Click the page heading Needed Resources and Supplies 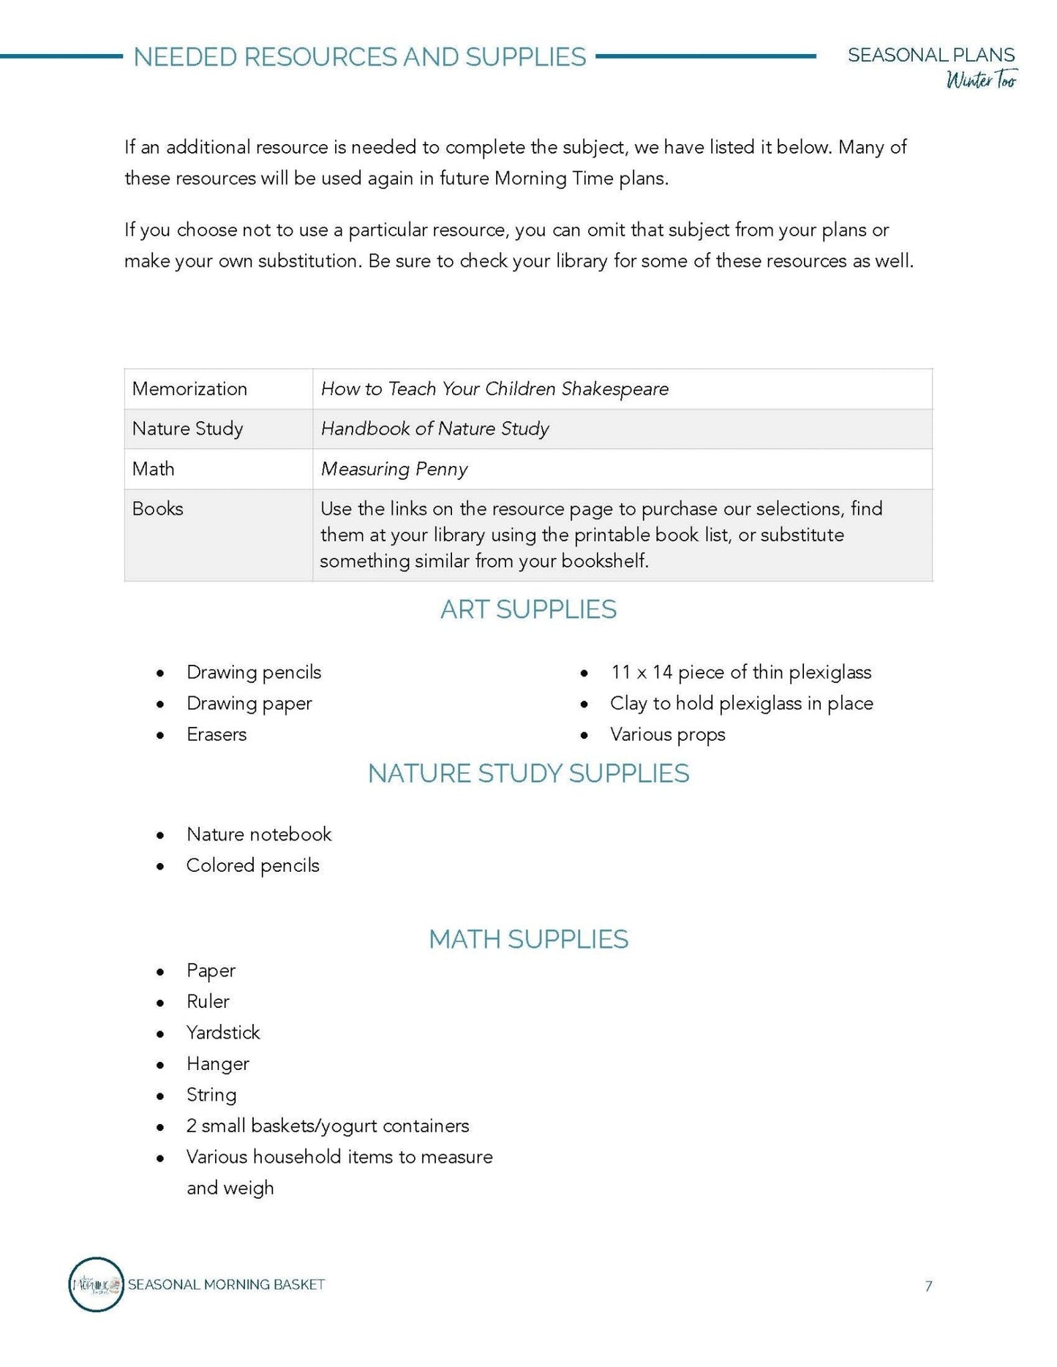[359, 57]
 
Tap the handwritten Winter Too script [981, 80]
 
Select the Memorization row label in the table [189, 389]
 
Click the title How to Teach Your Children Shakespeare [494, 389]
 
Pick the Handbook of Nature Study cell [435, 429]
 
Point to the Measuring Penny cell [394, 469]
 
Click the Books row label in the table [157, 509]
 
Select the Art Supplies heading [528, 610]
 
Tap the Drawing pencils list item [253, 672]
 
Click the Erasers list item [217, 734]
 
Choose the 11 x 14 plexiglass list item [740, 672]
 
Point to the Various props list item [667, 734]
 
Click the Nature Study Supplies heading [528, 774]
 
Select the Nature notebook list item [259, 835]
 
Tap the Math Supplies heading [528, 940]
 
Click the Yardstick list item [223, 1033]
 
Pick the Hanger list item [218, 1064]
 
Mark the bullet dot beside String [160, 1096]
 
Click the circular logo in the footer [96, 1285]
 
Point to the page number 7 [928, 1287]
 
